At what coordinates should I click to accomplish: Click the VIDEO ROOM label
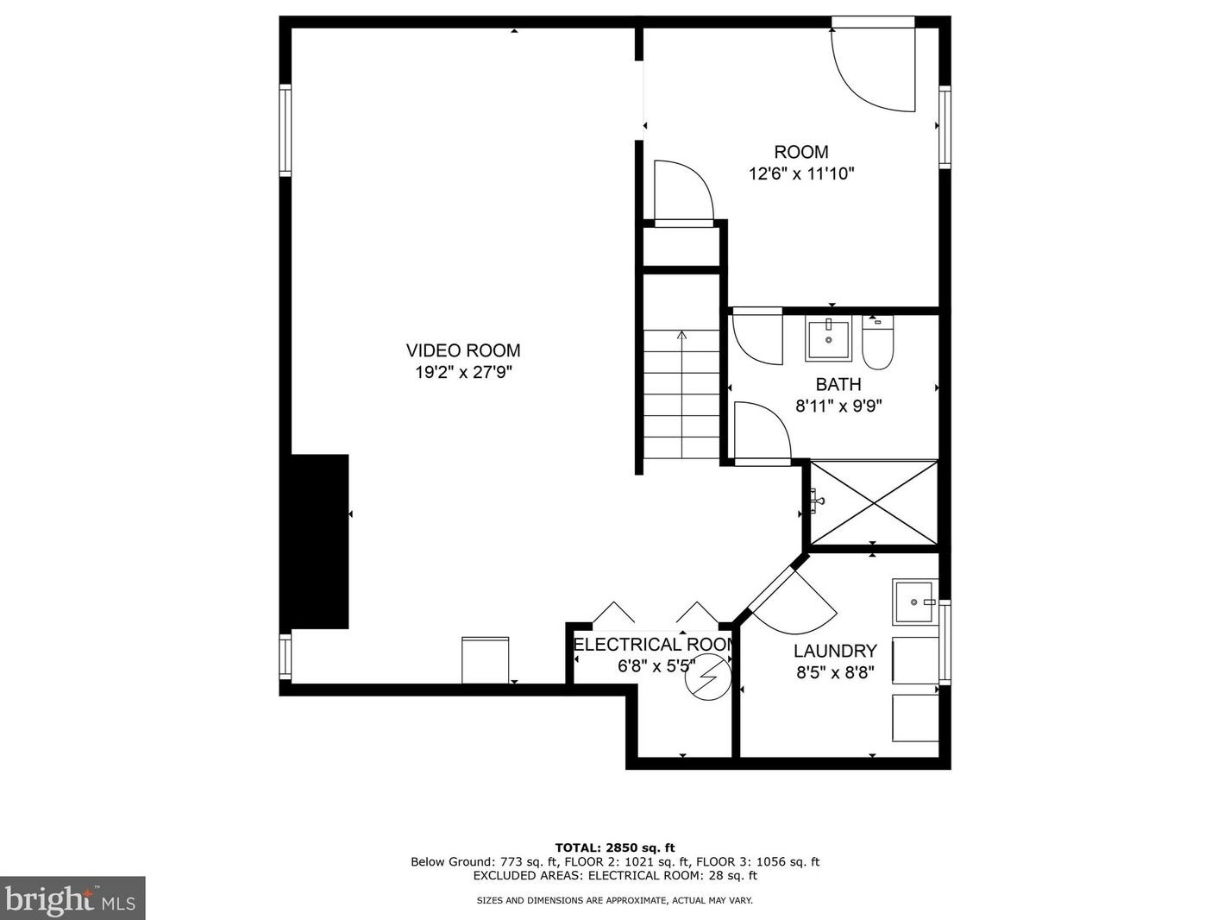(x=463, y=350)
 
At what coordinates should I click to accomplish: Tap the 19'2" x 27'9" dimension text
(x=463, y=373)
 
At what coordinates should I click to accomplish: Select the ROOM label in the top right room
(x=800, y=152)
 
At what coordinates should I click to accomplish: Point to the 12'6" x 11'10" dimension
(x=800, y=173)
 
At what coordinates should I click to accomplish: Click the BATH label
(x=838, y=384)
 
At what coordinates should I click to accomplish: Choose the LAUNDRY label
(x=835, y=651)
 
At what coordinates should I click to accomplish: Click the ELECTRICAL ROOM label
(x=654, y=645)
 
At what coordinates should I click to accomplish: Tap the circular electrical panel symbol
(x=708, y=677)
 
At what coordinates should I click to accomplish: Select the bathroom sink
(x=828, y=338)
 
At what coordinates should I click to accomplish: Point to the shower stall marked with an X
(x=874, y=503)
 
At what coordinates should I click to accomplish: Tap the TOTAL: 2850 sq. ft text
(x=614, y=848)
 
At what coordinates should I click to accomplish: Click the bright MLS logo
(x=72, y=898)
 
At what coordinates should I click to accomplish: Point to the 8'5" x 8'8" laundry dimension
(x=835, y=672)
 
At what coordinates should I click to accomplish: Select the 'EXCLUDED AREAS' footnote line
(x=614, y=875)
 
